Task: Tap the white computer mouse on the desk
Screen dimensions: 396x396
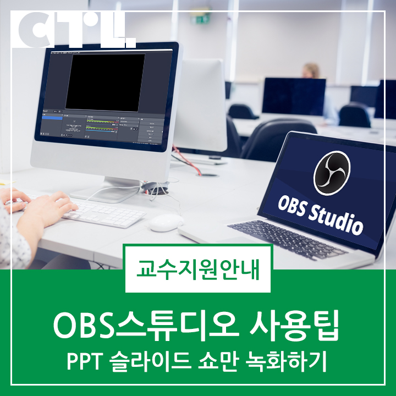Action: [x=166, y=222]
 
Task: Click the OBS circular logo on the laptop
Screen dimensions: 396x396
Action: [x=332, y=173]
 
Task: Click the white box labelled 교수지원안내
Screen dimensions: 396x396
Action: [x=198, y=269]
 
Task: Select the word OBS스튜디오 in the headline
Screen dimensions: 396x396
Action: [x=148, y=324]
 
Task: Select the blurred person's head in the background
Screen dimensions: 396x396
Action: [x=311, y=70]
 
